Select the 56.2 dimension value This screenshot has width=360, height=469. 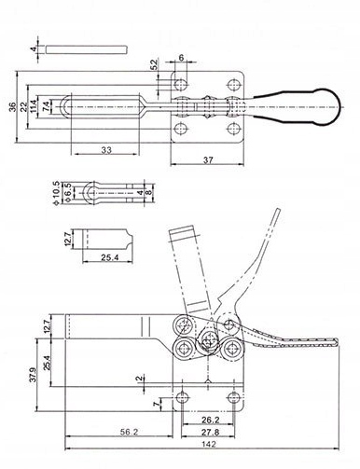click(129, 432)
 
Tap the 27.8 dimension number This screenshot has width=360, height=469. click(211, 432)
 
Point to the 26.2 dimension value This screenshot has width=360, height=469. click(211, 420)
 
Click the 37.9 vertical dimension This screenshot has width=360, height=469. click(34, 375)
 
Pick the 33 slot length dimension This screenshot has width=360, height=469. click(106, 150)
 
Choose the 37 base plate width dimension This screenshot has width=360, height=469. click(208, 159)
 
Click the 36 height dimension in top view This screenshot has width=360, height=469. click(12, 107)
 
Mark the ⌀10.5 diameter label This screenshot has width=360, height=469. click(56, 193)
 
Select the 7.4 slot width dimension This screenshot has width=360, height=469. click(46, 106)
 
